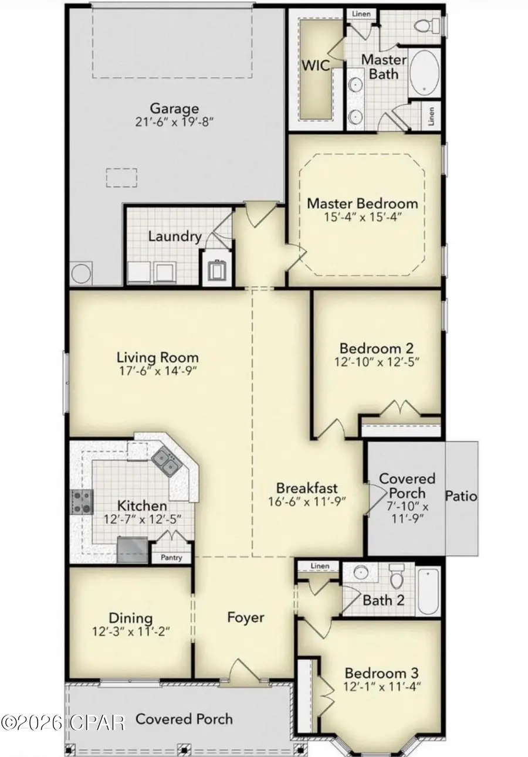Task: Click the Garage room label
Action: pos(174,108)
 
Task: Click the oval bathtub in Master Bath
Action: pos(424,73)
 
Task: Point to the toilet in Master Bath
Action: pos(422,25)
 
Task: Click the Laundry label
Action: pos(175,237)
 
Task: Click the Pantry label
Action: pos(171,558)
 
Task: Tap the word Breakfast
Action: pos(306,487)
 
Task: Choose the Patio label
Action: pos(461,496)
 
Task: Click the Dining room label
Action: pos(131,618)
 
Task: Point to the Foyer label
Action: pos(245,617)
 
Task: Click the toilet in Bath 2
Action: pos(398,577)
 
